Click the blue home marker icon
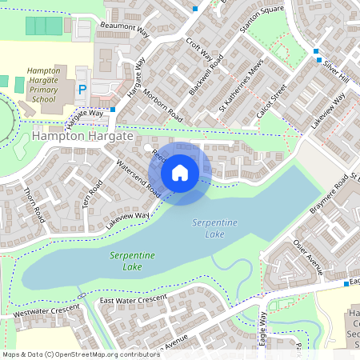point(180,171)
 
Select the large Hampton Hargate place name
point(83,138)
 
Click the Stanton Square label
point(267,20)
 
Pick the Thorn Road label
point(34,206)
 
